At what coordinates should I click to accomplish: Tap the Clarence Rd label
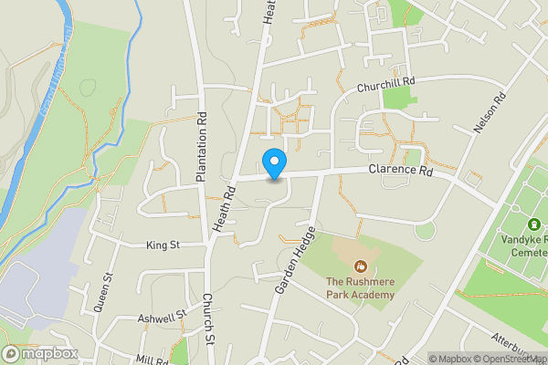pyautogui.click(x=400, y=170)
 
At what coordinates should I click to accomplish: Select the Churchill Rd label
pyautogui.click(x=385, y=84)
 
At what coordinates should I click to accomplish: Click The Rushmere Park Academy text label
pyautogui.click(x=361, y=288)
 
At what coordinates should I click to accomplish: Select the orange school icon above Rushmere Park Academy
pyautogui.click(x=361, y=266)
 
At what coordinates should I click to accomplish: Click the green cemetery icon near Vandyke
pyautogui.click(x=534, y=224)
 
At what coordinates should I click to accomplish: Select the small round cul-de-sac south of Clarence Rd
pyautogui.click(x=425, y=230)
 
